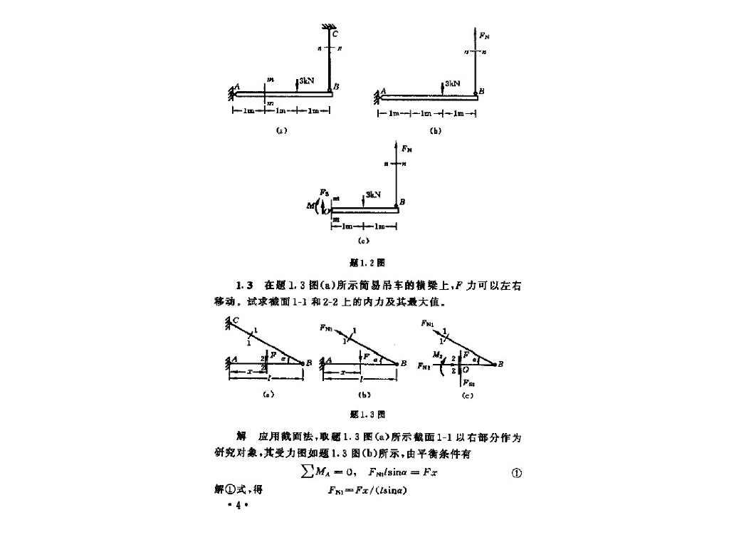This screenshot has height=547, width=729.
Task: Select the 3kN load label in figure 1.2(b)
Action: pyautogui.click(x=452, y=83)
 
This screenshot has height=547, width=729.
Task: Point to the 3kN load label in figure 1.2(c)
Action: pyautogui.click(x=372, y=194)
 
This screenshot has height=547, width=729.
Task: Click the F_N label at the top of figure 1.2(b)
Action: pyautogui.click(x=484, y=33)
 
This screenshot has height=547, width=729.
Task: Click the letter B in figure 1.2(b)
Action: pyautogui.click(x=481, y=91)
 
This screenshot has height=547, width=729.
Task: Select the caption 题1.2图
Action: pyautogui.click(x=364, y=262)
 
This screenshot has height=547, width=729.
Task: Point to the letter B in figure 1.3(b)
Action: pyautogui.click(x=404, y=363)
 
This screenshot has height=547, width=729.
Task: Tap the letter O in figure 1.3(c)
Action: pyautogui.click(x=465, y=370)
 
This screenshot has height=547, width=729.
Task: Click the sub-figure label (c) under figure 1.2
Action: pyautogui.click(x=363, y=242)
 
